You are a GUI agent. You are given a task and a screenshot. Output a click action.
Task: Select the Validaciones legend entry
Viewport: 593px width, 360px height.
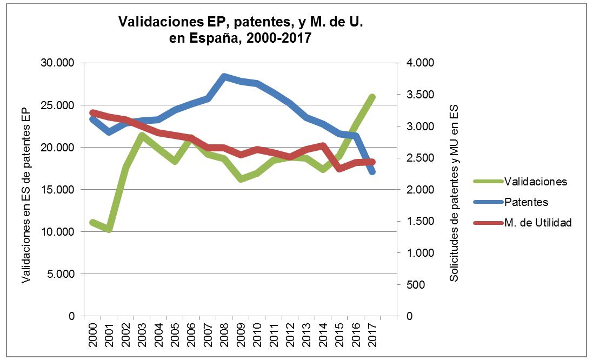coord(535,182)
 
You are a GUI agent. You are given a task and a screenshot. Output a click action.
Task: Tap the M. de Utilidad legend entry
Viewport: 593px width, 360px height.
coord(537,223)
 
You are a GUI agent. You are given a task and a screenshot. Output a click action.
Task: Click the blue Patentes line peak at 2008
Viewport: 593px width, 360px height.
coord(224,76)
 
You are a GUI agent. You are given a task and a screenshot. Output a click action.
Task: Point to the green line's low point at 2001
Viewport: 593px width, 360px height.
coord(109,229)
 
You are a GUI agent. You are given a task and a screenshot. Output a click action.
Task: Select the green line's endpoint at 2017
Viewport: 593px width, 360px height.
coord(372,97)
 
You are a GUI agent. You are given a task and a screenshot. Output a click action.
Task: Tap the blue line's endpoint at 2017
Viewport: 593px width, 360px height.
coord(372,172)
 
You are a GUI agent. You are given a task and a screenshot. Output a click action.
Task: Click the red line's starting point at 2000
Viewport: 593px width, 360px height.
coord(93,112)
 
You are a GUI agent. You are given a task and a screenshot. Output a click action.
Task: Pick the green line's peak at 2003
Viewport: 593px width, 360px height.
coord(142,136)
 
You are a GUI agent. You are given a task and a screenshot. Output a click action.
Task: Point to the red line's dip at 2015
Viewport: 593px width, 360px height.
coord(339,169)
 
